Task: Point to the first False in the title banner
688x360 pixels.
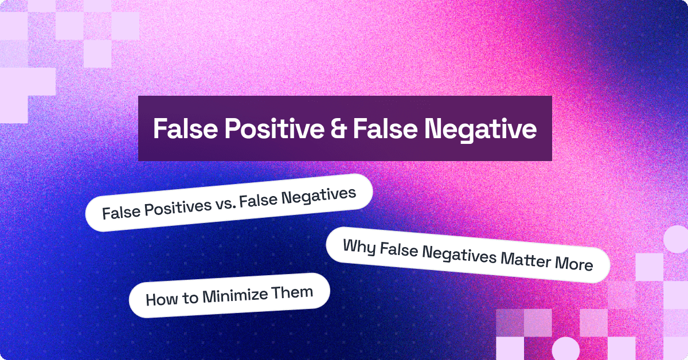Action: tap(185, 129)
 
